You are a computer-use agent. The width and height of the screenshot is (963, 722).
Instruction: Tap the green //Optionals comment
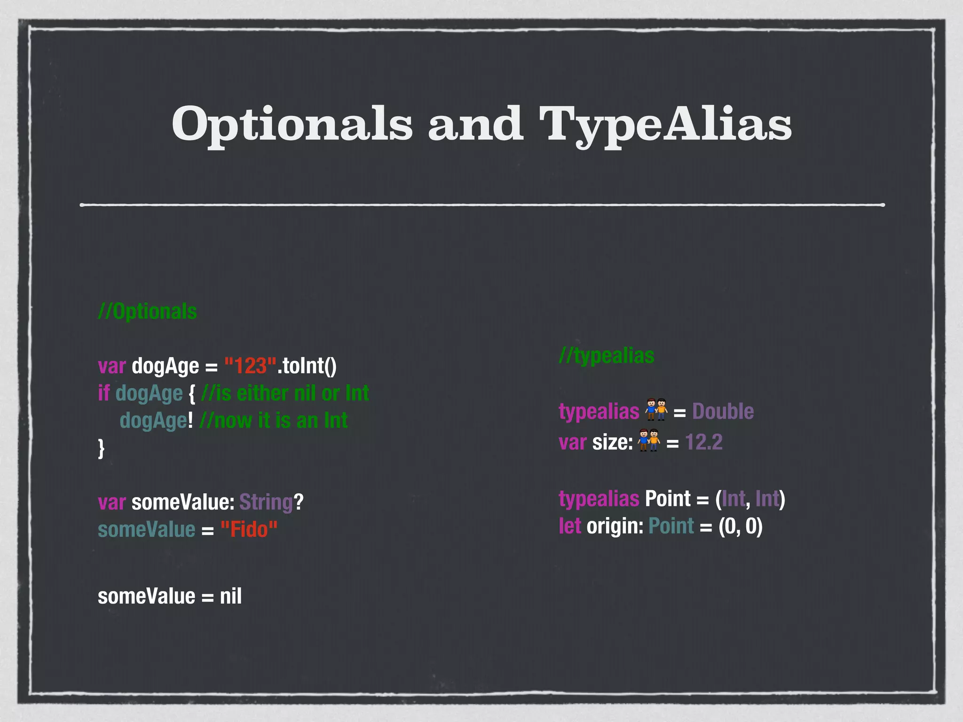click(x=147, y=312)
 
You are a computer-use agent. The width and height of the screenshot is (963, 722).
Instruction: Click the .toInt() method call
click(x=307, y=366)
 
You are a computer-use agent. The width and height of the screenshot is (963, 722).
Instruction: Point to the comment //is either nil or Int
click(x=285, y=393)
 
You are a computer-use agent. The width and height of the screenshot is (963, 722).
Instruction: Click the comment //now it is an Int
click(x=273, y=421)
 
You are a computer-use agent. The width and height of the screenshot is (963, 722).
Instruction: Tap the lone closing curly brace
click(x=101, y=448)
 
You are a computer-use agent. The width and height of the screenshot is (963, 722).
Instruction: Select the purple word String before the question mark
click(x=266, y=502)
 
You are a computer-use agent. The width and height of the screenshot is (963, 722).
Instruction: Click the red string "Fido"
click(x=249, y=530)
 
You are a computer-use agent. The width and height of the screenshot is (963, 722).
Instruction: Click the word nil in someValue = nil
click(x=231, y=596)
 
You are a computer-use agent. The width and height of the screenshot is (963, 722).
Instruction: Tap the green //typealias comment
click(x=607, y=356)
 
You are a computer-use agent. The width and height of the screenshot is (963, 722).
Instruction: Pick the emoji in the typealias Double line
click(x=656, y=410)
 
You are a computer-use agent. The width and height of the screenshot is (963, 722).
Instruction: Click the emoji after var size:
click(x=649, y=441)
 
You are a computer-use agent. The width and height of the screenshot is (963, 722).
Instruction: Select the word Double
click(x=723, y=412)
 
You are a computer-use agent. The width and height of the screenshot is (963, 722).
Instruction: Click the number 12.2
click(x=703, y=442)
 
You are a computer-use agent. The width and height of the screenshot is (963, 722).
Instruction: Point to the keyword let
click(x=569, y=526)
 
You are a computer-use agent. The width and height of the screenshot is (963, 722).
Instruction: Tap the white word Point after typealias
click(x=668, y=499)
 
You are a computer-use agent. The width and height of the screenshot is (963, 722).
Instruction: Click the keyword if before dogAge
click(x=103, y=393)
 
